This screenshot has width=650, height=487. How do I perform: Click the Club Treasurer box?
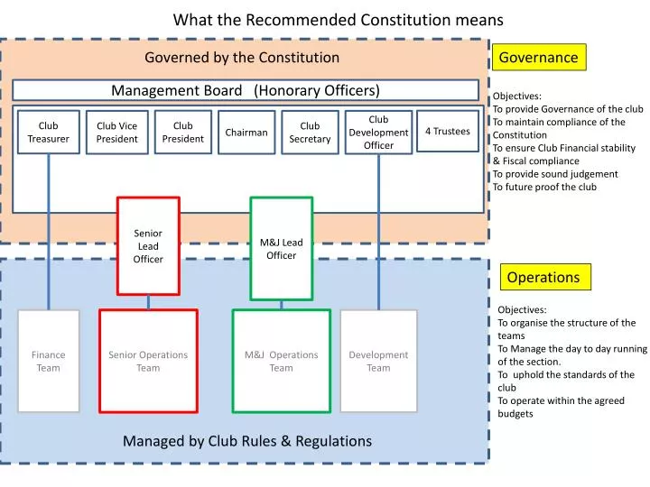tap(48, 133)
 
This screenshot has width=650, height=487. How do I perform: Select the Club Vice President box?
tap(117, 133)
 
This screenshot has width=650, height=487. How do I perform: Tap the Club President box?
tap(183, 132)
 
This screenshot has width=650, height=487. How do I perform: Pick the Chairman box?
tap(246, 133)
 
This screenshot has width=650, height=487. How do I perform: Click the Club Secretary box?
tap(310, 133)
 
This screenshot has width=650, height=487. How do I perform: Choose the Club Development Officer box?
tap(378, 132)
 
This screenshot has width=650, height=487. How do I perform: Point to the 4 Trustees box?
tap(448, 132)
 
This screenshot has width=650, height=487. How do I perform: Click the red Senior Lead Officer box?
tap(148, 245)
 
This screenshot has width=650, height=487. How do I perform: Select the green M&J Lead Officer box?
tap(281, 248)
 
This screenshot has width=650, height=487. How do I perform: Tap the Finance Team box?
tap(49, 361)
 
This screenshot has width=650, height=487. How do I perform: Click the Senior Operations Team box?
tap(148, 361)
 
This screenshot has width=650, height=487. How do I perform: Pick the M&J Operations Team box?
tap(281, 361)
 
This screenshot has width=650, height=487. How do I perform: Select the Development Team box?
tap(378, 361)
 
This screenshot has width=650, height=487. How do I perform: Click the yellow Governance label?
tap(539, 58)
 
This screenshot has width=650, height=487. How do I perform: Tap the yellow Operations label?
tap(543, 277)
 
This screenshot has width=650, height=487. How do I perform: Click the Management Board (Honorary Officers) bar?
tap(246, 90)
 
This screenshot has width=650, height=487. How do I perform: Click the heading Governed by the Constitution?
tap(242, 58)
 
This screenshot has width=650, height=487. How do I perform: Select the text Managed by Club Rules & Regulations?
tap(247, 441)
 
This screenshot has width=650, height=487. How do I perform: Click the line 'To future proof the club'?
tap(544, 187)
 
